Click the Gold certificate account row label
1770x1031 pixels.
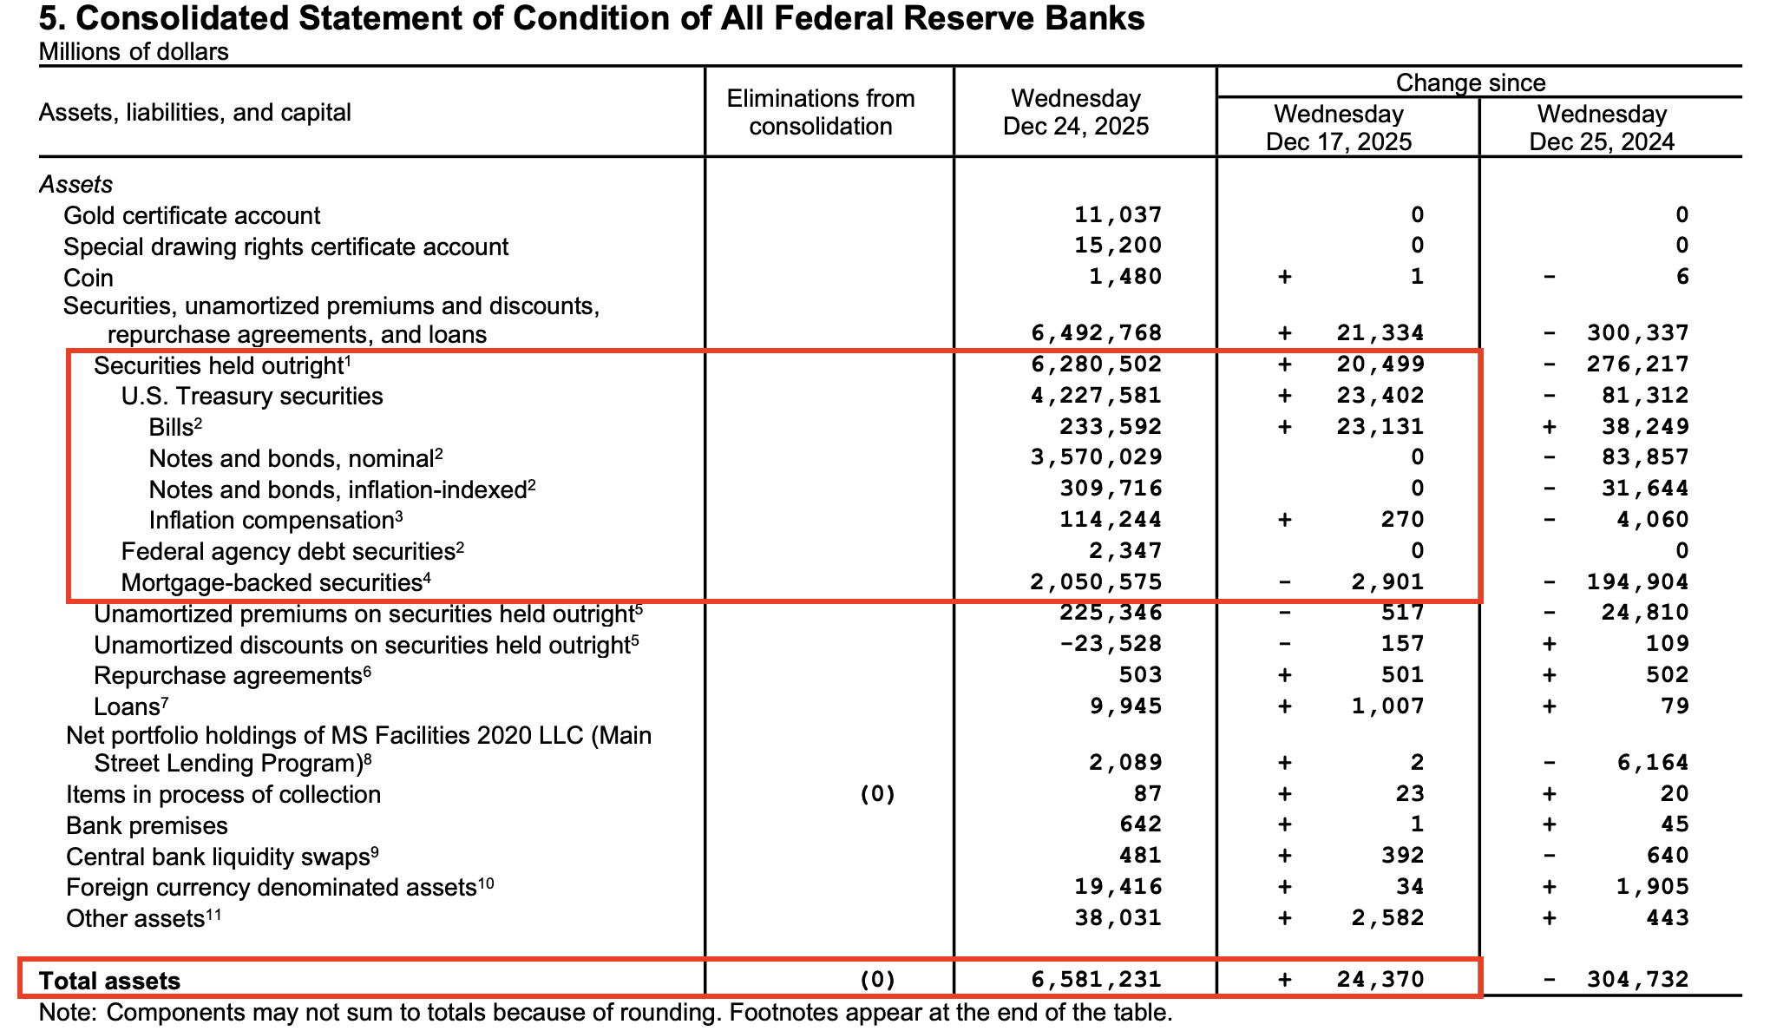point(192,215)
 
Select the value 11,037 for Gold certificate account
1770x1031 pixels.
point(1118,214)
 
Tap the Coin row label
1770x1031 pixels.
point(88,278)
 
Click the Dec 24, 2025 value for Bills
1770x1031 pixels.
point(1110,426)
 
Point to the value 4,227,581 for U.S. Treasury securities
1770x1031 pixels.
point(1096,396)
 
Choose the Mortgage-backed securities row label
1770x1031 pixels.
point(272,582)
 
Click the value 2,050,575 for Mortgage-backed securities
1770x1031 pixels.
point(1096,581)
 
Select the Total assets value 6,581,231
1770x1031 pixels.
point(1096,980)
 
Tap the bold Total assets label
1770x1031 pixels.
point(109,981)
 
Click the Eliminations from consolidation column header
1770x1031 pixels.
point(820,112)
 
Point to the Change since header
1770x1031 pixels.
point(1470,82)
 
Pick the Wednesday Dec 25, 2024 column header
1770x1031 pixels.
point(1602,128)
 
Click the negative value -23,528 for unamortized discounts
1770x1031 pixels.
point(1110,644)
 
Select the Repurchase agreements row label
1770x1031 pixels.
point(227,675)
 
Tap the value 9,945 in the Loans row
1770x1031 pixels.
point(1125,706)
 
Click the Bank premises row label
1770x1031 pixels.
point(147,825)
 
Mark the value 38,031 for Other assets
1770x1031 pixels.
point(1118,917)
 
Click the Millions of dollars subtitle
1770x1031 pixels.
point(134,52)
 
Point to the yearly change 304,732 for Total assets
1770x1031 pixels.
point(1637,980)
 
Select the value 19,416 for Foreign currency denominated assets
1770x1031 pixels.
point(1118,886)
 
